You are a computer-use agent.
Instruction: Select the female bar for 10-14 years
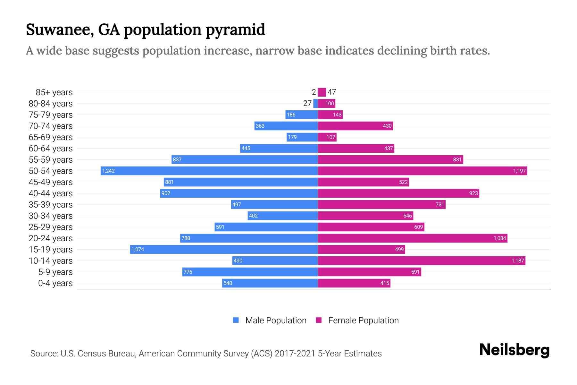click(421, 261)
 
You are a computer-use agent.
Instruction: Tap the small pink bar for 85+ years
click(322, 92)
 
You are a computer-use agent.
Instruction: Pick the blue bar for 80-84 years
click(315, 103)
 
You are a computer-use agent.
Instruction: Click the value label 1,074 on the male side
click(138, 250)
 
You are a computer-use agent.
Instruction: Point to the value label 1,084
click(500, 238)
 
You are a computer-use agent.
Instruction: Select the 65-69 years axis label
click(51, 137)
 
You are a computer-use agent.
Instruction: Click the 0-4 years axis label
click(55, 283)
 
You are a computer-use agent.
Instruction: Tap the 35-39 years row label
click(51, 205)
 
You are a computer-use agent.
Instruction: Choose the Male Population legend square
click(236, 320)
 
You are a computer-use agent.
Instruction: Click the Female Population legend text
click(363, 321)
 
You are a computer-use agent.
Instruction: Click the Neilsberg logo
click(514, 350)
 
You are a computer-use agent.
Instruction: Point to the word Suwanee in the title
click(60, 30)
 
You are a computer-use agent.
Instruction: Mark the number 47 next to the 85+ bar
click(332, 92)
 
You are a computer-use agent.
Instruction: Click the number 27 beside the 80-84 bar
click(307, 103)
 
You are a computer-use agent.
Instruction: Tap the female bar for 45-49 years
click(363, 182)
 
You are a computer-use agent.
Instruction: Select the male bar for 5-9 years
click(250, 272)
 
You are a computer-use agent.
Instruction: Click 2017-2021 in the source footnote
click(295, 354)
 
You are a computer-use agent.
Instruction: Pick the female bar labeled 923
click(398, 193)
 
